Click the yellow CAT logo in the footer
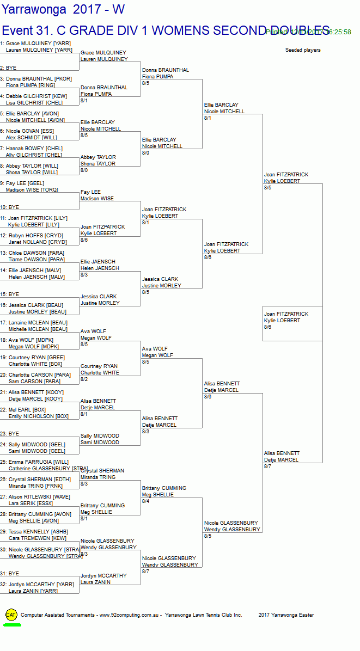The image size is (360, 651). pyautogui.click(x=11, y=615)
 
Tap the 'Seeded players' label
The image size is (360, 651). pyautogui.click(x=303, y=50)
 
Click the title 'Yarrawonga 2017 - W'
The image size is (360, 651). pyautogui.click(x=63, y=9)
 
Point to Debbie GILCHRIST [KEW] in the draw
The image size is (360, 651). pyautogui.click(x=36, y=96)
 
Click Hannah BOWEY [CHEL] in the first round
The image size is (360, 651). pyautogui.click(x=34, y=148)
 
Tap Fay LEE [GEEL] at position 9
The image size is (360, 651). pyautogui.click(x=25, y=183)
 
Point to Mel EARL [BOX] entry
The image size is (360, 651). pyautogui.click(x=27, y=409)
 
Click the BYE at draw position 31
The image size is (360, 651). pyautogui.click(x=12, y=573)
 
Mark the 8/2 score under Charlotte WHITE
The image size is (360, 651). pyautogui.click(x=84, y=379)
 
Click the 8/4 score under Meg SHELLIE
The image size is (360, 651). pyautogui.click(x=145, y=501)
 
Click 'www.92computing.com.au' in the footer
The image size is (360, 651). pyautogui.click(x=129, y=615)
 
